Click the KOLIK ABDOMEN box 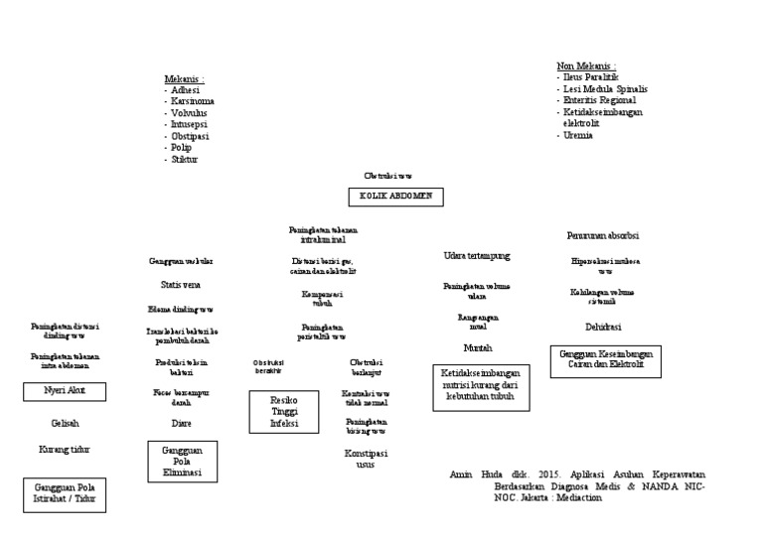(x=395, y=196)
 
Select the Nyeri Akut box (x=65, y=391)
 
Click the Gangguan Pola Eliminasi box (x=183, y=462)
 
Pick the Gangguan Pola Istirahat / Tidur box (x=64, y=493)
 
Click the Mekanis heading (x=185, y=78)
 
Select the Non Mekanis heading (x=586, y=66)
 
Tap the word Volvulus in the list (x=189, y=113)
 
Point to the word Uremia (x=578, y=135)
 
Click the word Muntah (x=478, y=348)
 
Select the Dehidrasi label (x=603, y=326)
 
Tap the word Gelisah (x=65, y=422)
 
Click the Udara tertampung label (x=477, y=256)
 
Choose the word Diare (x=182, y=423)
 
